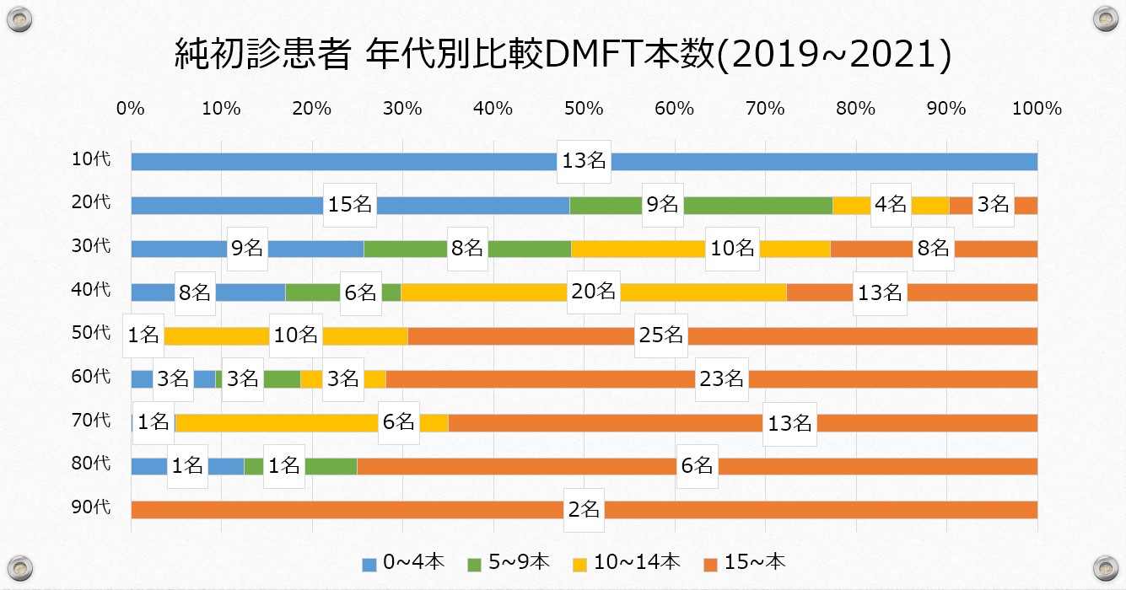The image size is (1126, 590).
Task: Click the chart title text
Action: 563,56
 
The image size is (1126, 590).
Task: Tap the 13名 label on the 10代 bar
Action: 584,162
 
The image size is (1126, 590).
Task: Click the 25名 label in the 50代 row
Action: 660,335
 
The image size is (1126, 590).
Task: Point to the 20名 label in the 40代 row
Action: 593,292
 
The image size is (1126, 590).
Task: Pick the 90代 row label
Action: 92,508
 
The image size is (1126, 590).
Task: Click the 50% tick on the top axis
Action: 584,109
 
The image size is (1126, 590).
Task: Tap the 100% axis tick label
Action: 1037,109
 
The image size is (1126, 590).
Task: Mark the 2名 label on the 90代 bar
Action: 584,509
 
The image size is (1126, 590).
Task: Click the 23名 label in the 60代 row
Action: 722,378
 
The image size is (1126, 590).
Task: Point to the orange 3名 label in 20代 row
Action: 993,205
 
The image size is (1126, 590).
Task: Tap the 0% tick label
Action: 131,109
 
